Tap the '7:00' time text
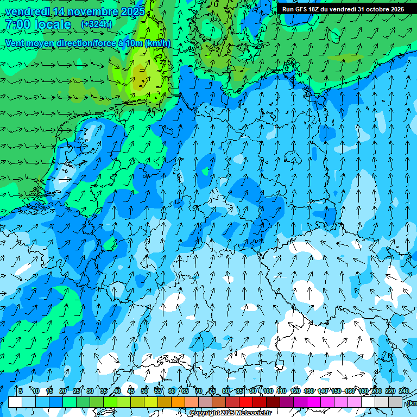(17, 24)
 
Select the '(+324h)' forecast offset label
(97, 24)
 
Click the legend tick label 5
(20, 391)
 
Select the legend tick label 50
(144, 391)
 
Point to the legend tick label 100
(268, 391)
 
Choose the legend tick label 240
(403, 391)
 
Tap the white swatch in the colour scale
(15, 402)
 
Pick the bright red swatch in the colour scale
(246, 402)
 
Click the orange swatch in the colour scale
(165, 402)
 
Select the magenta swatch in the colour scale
(314, 402)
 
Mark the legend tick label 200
(376, 391)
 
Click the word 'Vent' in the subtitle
(15, 43)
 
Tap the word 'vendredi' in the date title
(26, 11)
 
